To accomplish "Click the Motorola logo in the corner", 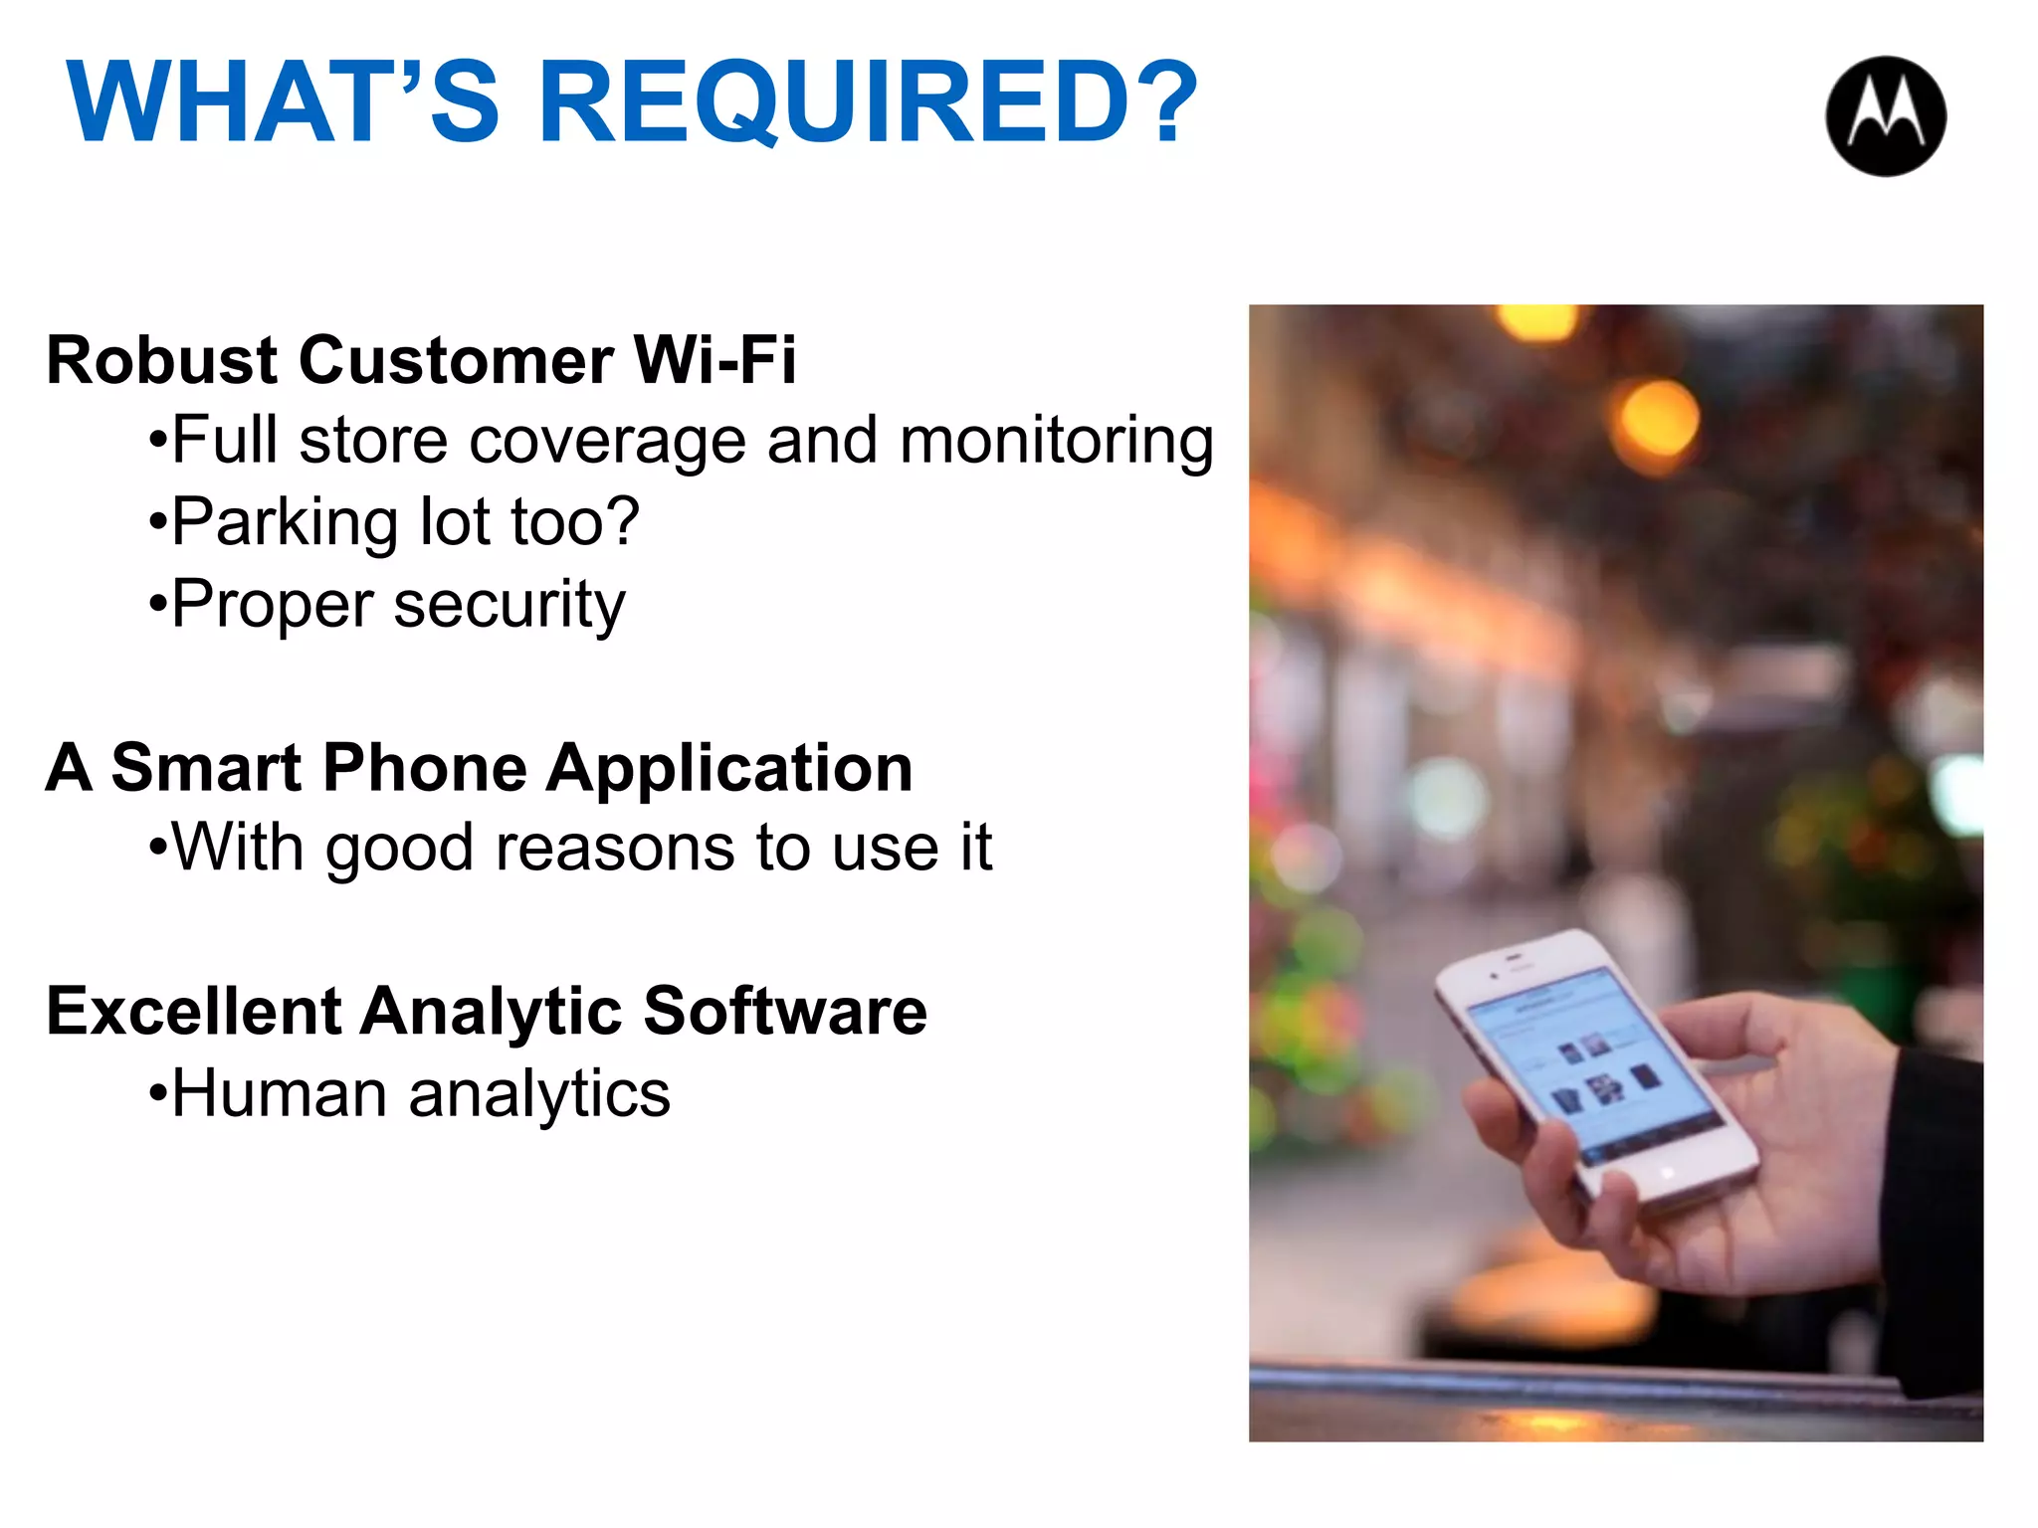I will tap(1886, 116).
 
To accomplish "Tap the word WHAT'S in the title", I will tap(283, 103).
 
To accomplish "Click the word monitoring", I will tap(1056, 441).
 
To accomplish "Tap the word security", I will tap(509, 605).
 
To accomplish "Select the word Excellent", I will tap(194, 1012).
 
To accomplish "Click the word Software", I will tap(785, 1012).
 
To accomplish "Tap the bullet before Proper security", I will tap(156, 605).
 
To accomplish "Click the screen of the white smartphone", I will tap(1592, 1064).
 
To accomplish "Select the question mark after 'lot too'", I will tap(621, 521).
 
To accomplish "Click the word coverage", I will tap(607, 441).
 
